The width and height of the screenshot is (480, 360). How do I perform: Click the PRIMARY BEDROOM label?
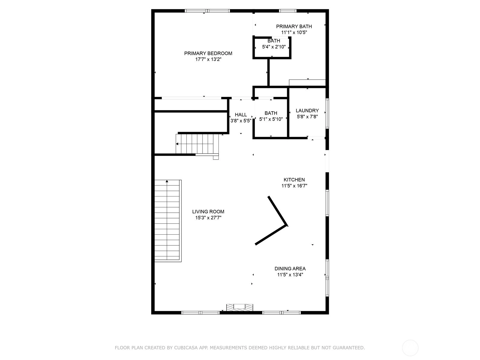click(208, 53)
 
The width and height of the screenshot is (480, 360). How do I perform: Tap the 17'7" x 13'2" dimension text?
click(208, 59)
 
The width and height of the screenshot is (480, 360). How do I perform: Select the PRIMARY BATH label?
click(294, 26)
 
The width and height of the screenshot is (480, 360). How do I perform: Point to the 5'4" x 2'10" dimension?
click(274, 46)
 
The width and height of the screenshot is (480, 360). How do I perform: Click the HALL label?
click(241, 115)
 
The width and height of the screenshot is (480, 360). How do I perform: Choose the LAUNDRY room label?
click(307, 111)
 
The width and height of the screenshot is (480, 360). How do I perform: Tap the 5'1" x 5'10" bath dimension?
click(271, 119)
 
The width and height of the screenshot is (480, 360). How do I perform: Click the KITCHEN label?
click(294, 180)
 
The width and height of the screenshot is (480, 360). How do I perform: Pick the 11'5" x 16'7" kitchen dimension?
click(294, 186)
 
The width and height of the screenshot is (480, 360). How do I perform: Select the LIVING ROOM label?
click(208, 211)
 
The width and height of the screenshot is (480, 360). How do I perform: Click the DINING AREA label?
click(290, 268)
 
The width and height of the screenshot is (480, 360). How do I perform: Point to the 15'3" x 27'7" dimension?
click(208, 218)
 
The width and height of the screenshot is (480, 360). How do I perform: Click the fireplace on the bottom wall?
click(240, 307)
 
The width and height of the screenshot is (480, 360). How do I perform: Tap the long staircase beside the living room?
click(168, 221)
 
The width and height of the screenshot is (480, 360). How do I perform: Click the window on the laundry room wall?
click(327, 113)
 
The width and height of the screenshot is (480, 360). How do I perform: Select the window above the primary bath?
click(288, 11)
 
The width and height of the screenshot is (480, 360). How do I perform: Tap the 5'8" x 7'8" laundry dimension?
click(307, 117)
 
